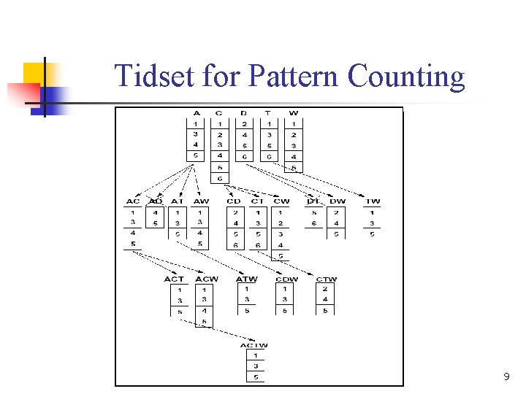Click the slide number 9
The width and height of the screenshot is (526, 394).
[x=506, y=377]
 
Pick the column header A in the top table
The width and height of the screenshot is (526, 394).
[x=196, y=113]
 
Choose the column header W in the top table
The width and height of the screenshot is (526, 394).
[x=294, y=113]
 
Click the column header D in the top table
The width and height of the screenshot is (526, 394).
[x=244, y=113]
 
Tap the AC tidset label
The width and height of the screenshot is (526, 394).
[x=133, y=201]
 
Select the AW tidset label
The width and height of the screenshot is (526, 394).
[x=201, y=201]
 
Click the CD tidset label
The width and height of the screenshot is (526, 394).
[x=233, y=201]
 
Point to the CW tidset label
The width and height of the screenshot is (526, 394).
[x=281, y=201]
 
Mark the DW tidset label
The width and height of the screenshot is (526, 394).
[x=337, y=201]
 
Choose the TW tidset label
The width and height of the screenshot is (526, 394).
[x=373, y=201]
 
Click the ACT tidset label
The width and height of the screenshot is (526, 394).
[x=175, y=279]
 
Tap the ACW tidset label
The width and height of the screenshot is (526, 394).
[x=206, y=279]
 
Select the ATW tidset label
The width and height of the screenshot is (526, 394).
[x=247, y=279]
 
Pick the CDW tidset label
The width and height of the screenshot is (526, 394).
[x=286, y=279]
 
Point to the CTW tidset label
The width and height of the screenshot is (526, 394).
[x=326, y=279]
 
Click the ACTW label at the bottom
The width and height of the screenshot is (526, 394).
[x=254, y=345]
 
